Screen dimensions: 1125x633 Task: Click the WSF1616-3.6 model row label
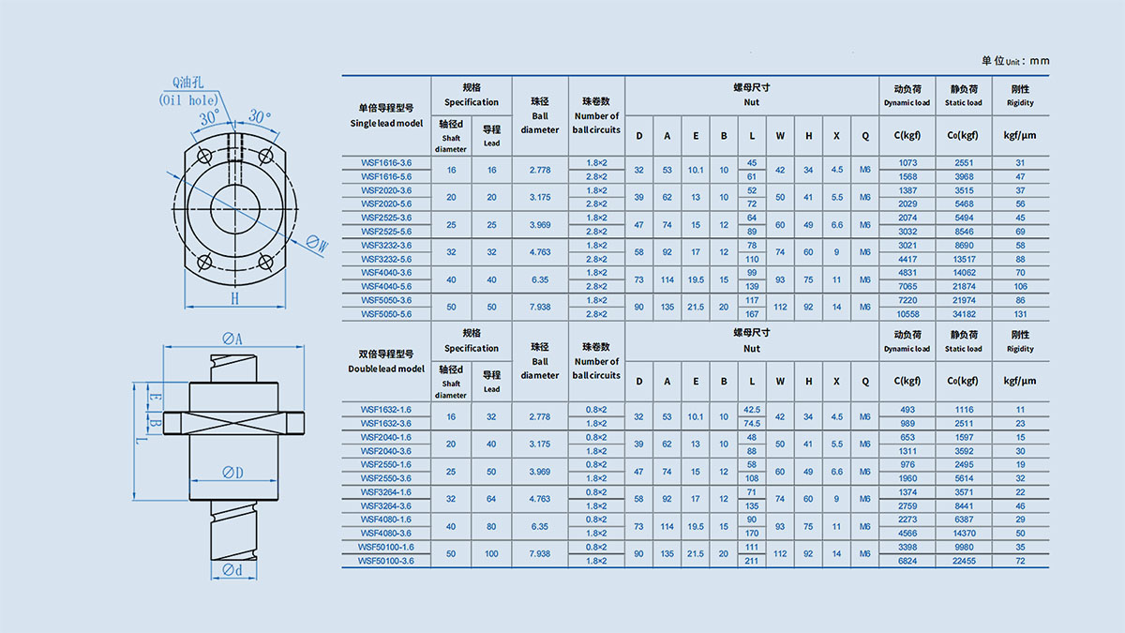[385, 163]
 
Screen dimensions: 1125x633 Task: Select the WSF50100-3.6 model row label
[385, 561]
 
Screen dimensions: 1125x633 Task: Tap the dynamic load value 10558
[907, 314]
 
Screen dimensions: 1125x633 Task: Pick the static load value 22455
[964, 561]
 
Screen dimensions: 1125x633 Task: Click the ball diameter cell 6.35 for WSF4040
[540, 279]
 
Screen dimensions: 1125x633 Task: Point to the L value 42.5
[752, 410]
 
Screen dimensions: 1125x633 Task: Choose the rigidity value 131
[1020, 314]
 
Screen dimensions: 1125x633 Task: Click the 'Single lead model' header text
[386, 123]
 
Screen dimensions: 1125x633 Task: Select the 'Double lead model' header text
[386, 369]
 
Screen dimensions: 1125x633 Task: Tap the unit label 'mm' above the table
[1040, 61]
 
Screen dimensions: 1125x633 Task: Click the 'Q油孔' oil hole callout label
[187, 83]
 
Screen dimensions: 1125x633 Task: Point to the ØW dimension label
[318, 244]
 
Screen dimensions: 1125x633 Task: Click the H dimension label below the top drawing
[234, 299]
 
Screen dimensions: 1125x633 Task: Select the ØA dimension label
[232, 339]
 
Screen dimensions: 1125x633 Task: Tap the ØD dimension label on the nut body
[232, 473]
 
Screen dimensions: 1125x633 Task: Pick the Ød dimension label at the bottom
[232, 570]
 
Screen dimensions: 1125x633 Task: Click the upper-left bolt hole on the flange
[204, 157]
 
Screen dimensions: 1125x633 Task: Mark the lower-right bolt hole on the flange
[265, 262]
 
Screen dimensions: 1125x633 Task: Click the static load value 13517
[964, 259]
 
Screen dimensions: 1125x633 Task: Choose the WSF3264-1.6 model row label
[385, 491]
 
